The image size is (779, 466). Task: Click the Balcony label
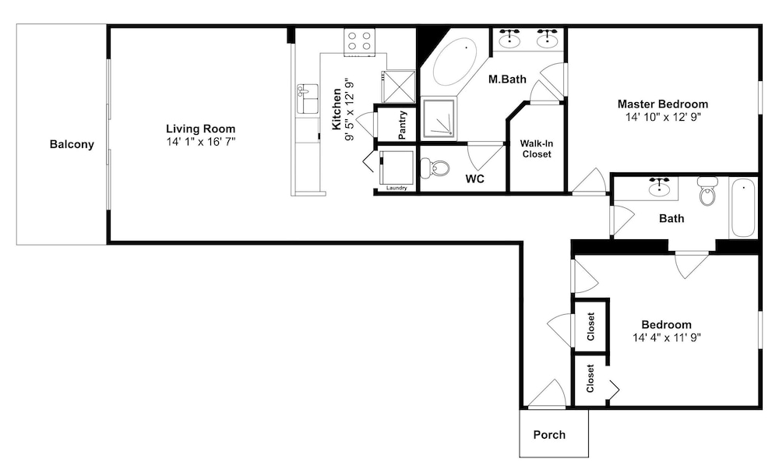[x=72, y=145]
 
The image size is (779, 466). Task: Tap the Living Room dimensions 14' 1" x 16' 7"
[x=201, y=142]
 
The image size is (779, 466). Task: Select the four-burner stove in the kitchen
[x=360, y=42]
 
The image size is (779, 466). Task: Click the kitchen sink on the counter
[x=308, y=99]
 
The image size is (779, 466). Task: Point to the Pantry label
[x=403, y=125]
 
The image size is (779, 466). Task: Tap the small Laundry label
[x=397, y=188]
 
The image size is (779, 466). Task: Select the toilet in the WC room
[x=434, y=168]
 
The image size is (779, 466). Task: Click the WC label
[x=475, y=179]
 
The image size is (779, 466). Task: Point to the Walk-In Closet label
[x=537, y=149]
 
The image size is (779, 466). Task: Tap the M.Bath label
[x=507, y=79]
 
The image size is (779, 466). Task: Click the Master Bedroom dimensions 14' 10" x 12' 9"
[x=663, y=117]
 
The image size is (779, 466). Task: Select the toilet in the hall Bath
[x=707, y=191]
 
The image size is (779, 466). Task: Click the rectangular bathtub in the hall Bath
[x=743, y=208]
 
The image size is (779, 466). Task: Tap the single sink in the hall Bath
[x=659, y=187]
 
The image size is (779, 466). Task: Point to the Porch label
[x=549, y=435]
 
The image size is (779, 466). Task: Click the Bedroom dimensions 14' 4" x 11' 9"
[x=666, y=338]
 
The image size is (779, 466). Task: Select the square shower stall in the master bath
[x=438, y=118]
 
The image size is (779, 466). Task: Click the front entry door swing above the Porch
[x=547, y=394]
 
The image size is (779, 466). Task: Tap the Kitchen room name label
[x=337, y=109]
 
